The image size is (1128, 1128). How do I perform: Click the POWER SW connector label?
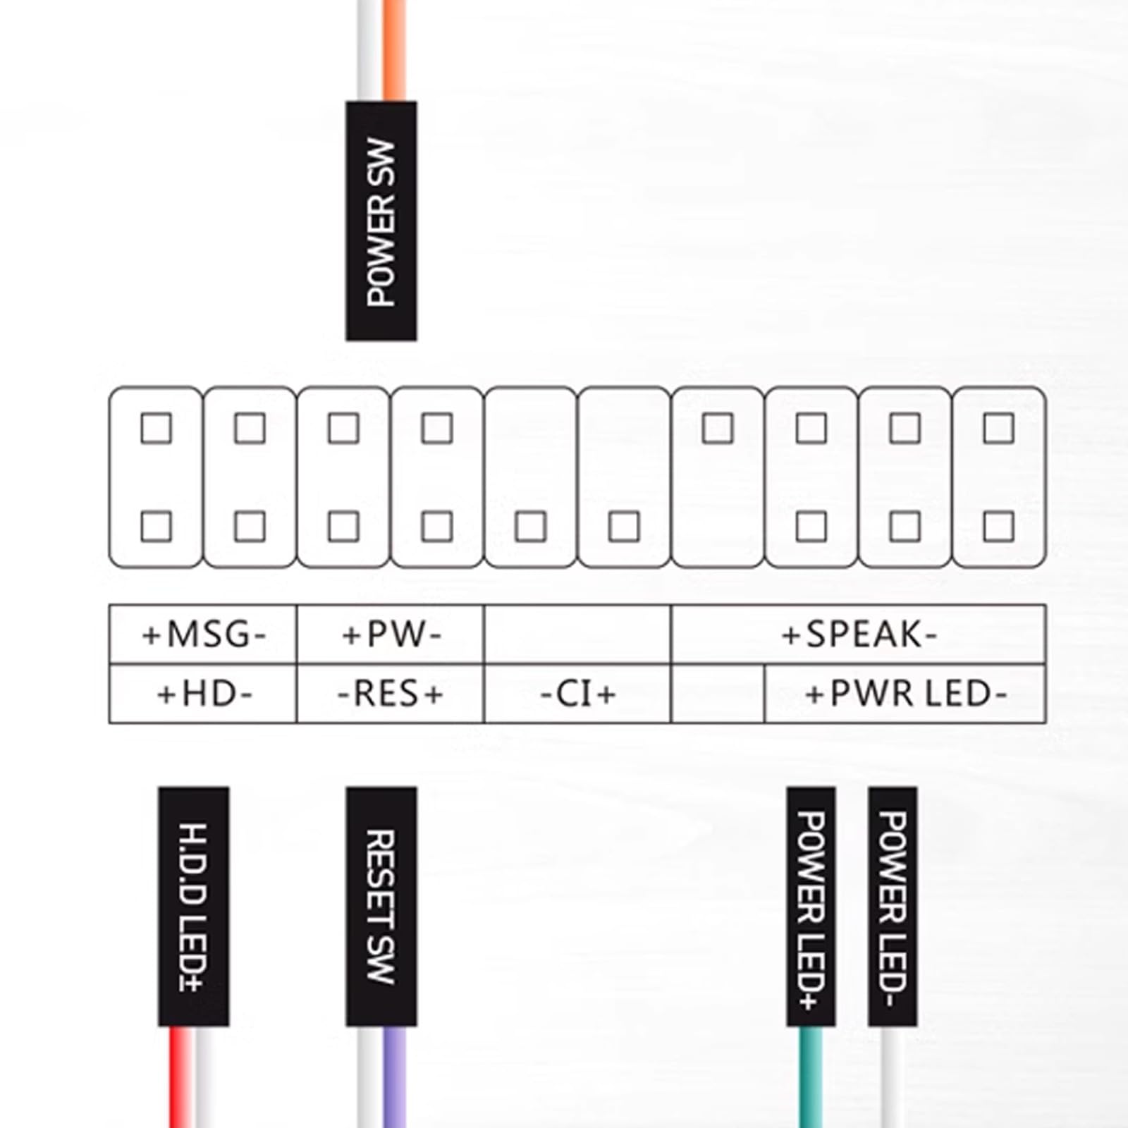tap(381, 221)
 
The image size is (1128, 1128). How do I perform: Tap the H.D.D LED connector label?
tap(193, 907)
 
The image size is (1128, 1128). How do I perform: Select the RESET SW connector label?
tap(381, 907)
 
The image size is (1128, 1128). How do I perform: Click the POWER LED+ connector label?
tap(811, 907)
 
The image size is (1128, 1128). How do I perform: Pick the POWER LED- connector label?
tap(893, 907)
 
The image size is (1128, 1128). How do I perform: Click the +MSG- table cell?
tap(203, 634)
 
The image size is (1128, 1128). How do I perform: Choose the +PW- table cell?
tap(391, 634)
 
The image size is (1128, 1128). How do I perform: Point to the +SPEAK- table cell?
tap(859, 634)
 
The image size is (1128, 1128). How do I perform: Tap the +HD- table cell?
tap(203, 694)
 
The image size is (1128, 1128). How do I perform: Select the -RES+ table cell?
tap(391, 694)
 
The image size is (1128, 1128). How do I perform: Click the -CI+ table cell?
tap(577, 694)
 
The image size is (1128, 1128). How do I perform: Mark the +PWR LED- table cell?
tap(905, 694)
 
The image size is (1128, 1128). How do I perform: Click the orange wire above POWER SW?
tap(395, 49)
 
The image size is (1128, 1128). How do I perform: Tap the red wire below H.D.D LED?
tap(180, 1079)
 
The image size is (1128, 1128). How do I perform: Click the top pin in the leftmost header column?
tap(156, 428)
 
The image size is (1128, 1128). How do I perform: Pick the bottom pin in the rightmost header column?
tap(998, 527)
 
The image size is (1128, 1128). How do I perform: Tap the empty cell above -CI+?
tap(577, 634)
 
